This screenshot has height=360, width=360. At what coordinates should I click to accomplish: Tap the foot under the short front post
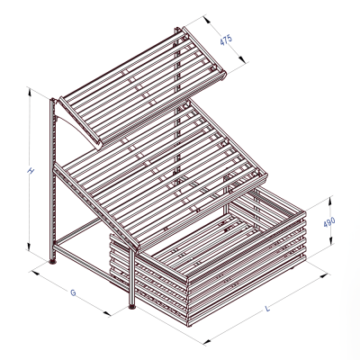coord(134,307)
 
